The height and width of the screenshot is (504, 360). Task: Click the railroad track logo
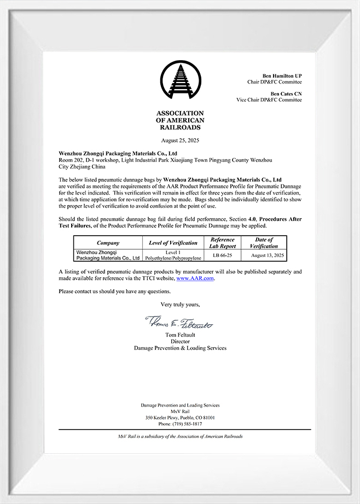click(x=180, y=81)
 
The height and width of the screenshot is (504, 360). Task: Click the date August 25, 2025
click(x=180, y=140)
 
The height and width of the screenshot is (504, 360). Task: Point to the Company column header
click(x=108, y=243)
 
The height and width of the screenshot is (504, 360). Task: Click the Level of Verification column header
click(x=173, y=243)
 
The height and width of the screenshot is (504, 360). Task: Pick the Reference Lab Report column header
click(x=223, y=243)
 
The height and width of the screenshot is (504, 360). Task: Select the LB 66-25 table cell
click(x=223, y=255)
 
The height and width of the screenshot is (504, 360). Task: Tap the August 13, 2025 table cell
click(x=268, y=255)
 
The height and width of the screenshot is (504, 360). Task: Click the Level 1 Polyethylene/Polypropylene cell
click(x=173, y=255)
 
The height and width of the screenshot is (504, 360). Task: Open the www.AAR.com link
click(x=195, y=279)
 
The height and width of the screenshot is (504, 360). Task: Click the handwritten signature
click(x=179, y=323)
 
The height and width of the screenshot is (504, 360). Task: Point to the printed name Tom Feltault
click(x=180, y=335)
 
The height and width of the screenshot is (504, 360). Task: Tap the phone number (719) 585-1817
click(x=180, y=424)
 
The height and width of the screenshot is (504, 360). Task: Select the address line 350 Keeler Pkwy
click(x=180, y=418)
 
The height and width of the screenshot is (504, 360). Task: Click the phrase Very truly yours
click(x=180, y=304)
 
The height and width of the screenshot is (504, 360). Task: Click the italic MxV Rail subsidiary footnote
click(x=180, y=436)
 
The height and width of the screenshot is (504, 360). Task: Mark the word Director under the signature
click(x=180, y=341)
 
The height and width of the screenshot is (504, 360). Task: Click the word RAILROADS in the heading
click(x=180, y=127)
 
